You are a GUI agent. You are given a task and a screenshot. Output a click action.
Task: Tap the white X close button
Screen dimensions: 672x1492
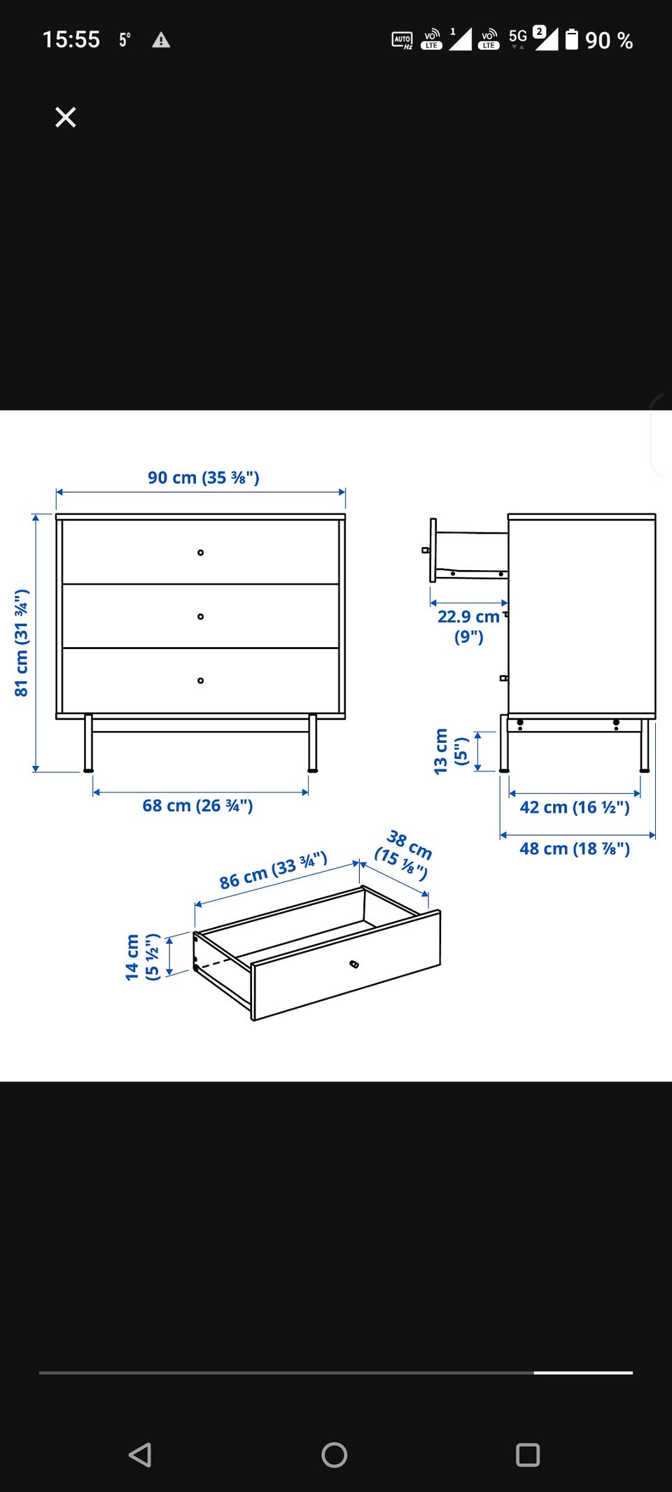(x=65, y=117)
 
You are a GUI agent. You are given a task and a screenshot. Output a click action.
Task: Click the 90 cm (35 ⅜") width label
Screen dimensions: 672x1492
(x=204, y=478)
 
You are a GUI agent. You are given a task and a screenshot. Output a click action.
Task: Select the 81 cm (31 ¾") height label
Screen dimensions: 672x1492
(x=22, y=643)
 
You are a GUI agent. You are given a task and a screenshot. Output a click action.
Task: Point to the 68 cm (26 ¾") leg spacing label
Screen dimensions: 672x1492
(x=198, y=806)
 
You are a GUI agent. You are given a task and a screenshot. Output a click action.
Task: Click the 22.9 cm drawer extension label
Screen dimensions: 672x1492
(x=469, y=626)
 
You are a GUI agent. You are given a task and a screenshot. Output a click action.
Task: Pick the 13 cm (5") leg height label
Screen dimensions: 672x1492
(x=450, y=751)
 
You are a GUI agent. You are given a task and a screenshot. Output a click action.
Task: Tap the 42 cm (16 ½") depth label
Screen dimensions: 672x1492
(x=575, y=807)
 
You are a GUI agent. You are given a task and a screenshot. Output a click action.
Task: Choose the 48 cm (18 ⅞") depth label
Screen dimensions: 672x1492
(x=575, y=848)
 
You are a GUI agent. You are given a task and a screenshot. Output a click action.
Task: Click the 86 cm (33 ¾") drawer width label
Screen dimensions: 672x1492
(x=274, y=870)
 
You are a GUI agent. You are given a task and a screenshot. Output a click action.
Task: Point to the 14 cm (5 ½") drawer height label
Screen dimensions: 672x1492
(x=143, y=957)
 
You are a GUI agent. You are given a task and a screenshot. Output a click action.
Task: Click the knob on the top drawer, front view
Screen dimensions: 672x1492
(x=201, y=553)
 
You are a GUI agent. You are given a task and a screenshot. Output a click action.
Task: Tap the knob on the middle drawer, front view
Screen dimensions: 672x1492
(x=201, y=616)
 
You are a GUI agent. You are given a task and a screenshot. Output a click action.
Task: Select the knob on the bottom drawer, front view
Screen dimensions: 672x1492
(x=201, y=681)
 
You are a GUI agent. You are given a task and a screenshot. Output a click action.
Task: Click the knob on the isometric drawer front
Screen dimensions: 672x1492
(x=354, y=965)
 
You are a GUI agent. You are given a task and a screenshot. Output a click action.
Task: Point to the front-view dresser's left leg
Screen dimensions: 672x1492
(x=88, y=744)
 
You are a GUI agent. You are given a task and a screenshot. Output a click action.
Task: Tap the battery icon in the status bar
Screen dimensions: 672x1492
(x=572, y=39)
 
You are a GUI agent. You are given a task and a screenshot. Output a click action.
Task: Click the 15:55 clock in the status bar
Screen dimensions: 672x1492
(x=71, y=39)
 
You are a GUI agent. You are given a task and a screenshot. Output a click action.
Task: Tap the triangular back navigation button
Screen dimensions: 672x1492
(x=140, y=1454)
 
